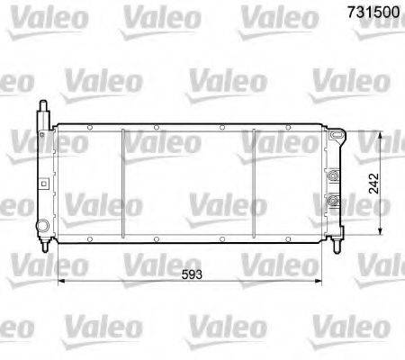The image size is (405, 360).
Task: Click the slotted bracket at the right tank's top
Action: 337,138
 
